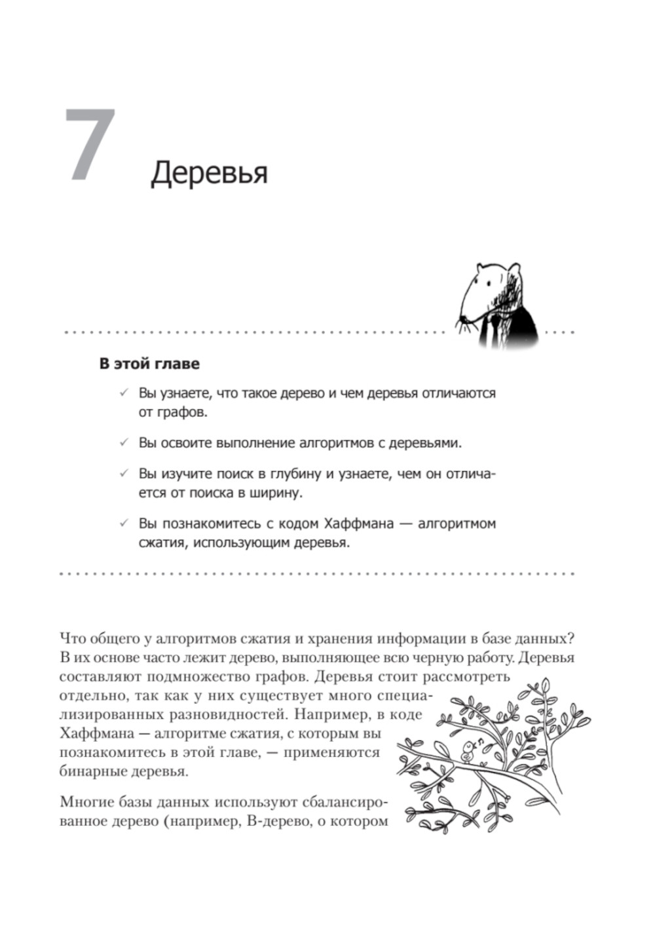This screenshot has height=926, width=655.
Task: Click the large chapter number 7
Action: pyautogui.click(x=91, y=145)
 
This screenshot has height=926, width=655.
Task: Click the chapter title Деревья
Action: pyautogui.click(x=209, y=173)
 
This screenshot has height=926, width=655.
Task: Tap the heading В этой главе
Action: pyautogui.click(x=149, y=364)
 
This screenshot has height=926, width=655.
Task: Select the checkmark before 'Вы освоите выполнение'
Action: pyautogui.click(x=123, y=443)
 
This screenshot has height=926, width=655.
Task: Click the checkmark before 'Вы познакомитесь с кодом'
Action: pyautogui.click(x=123, y=524)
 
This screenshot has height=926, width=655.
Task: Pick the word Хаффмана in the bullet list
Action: pyautogui.click(x=357, y=524)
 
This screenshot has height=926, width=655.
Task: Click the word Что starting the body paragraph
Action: pyautogui.click(x=71, y=638)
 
